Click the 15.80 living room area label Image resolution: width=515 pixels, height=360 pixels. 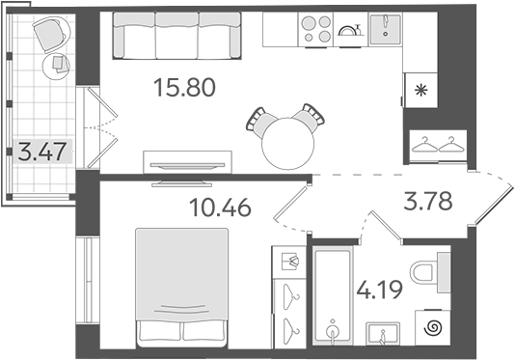point(184,89)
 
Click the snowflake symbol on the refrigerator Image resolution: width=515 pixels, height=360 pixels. point(420,94)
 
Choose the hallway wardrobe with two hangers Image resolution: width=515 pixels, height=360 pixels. point(435,145)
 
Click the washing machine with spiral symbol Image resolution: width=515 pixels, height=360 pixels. point(432,328)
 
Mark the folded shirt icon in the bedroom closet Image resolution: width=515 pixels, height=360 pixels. point(287,262)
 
